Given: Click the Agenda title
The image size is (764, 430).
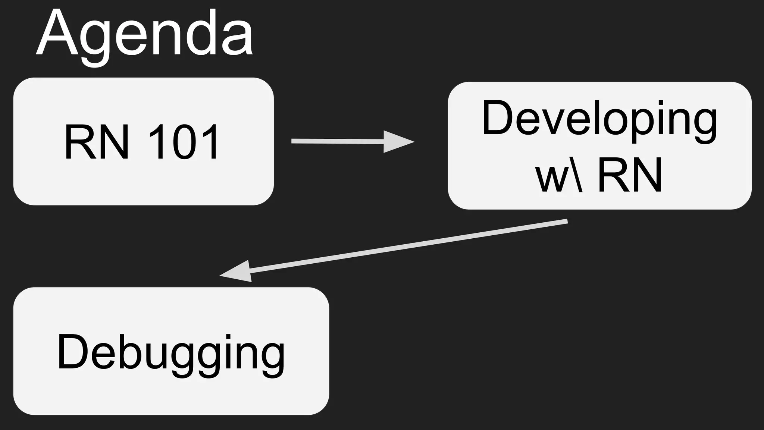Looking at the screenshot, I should pyautogui.click(x=145, y=35).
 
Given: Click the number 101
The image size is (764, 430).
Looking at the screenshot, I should pyautogui.click(x=183, y=142).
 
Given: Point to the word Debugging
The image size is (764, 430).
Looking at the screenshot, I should pyautogui.click(x=171, y=352).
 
